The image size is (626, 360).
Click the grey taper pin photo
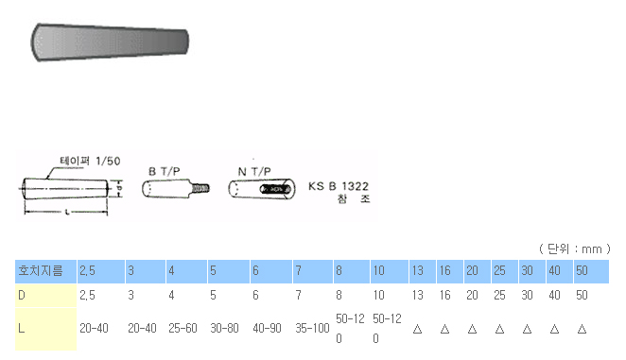pos(110,42)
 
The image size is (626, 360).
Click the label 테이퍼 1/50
pos(90,161)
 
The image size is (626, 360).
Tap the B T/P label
pos(165,172)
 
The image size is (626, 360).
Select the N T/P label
pos(254,172)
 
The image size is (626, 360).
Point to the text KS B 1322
pos(339,186)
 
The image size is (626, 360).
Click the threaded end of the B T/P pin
pos(200,188)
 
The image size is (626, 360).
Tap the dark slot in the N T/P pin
pos(275,189)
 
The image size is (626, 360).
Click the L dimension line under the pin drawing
pos(66,212)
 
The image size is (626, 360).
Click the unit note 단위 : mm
pos(575,249)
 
